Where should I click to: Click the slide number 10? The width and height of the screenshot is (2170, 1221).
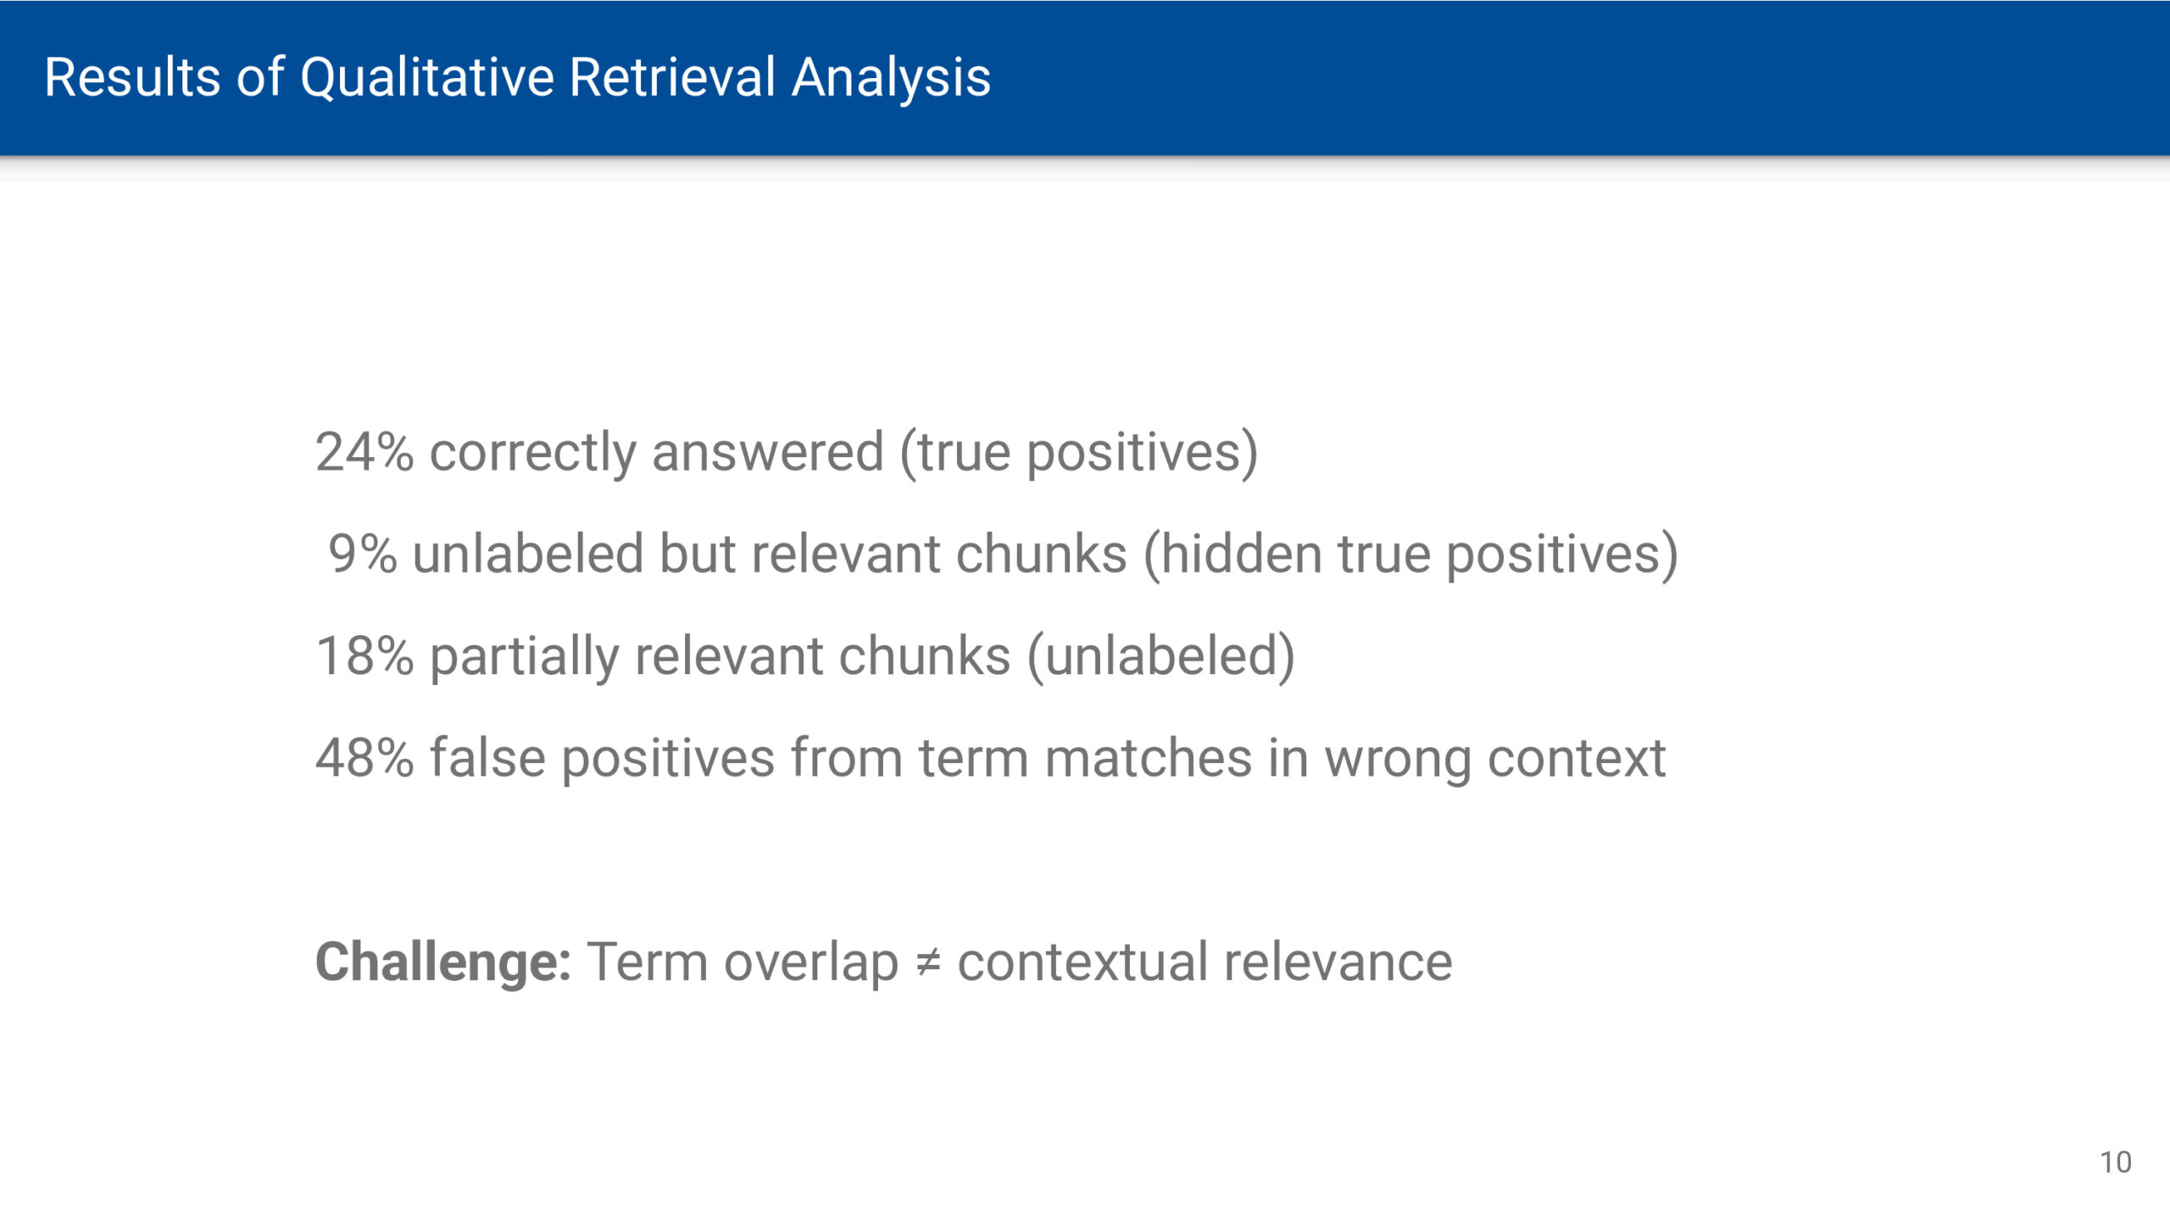pos(2116,1162)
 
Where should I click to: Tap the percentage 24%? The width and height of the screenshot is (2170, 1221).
pos(364,452)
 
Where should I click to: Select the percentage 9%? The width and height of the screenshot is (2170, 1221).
pos(363,555)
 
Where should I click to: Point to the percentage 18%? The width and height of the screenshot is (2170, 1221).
pos(364,656)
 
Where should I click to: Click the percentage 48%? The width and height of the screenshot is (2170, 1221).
pos(364,758)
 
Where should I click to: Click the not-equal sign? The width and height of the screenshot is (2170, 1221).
pos(928,963)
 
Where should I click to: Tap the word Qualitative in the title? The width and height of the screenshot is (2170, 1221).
pos(426,78)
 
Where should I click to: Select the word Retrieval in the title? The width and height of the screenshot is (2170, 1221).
pos(672,77)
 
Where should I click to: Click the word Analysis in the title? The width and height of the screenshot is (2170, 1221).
pos(891,78)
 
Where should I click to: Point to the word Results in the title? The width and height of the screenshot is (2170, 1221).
pos(132,77)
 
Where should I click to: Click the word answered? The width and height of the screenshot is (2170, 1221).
pos(768,452)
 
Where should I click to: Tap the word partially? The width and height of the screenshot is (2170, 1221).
pos(525,657)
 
